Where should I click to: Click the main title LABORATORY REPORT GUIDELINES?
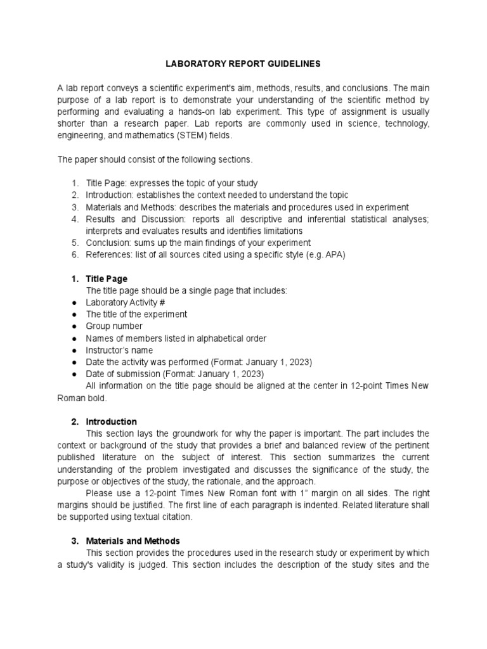(x=243, y=64)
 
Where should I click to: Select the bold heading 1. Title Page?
(x=99, y=278)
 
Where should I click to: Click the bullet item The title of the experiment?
(x=136, y=314)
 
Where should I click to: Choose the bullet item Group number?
(x=114, y=326)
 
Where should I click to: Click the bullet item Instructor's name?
(x=119, y=350)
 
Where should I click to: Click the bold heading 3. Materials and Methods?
(x=126, y=541)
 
